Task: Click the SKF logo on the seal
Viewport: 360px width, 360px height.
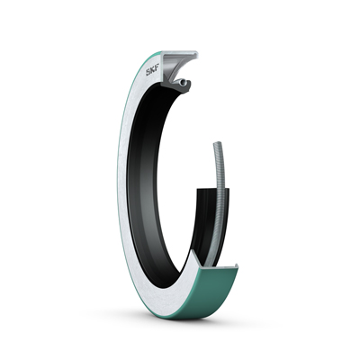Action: (x=152, y=73)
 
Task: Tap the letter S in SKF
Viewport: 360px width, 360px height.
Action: (x=148, y=73)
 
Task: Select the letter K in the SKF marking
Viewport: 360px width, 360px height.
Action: (x=152, y=73)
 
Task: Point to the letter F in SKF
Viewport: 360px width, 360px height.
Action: (x=157, y=72)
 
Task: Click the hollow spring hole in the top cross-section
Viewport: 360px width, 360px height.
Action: (x=182, y=81)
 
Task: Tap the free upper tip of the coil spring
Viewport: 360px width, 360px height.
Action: (x=215, y=143)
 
